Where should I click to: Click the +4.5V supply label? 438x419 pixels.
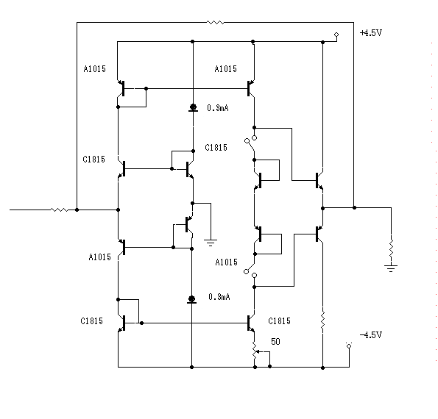371,33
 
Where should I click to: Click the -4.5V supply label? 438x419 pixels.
371,334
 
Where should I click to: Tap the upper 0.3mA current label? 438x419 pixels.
218,108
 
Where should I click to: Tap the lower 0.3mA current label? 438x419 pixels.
219,297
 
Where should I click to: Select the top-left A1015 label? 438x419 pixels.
95,69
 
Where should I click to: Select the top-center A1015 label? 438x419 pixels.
226,69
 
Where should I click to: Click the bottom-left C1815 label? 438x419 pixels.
91,321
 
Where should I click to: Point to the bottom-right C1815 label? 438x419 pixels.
279,321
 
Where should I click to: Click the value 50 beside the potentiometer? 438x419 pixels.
275,342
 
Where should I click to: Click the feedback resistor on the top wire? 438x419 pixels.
216,22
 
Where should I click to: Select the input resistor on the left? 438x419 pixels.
59,209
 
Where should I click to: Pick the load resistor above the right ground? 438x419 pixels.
391,248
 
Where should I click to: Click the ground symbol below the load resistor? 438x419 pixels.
391,268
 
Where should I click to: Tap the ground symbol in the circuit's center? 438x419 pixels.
211,243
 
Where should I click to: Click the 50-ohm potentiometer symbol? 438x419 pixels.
255,351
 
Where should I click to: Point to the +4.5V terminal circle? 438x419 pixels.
336,35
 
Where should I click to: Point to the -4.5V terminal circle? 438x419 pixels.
349,346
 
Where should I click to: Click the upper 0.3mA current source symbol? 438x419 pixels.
193,107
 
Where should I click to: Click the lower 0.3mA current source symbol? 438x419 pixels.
191,300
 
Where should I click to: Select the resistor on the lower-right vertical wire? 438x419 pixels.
323,321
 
